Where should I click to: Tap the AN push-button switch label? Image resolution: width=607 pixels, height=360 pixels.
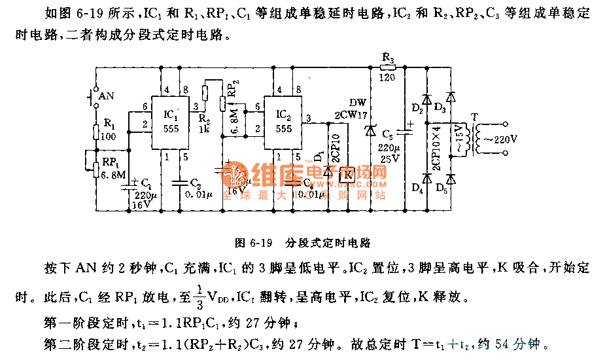(x=106, y=96)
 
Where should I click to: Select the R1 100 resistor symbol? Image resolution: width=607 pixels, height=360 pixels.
(x=95, y=132)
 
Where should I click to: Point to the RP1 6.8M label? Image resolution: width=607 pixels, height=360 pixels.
(x=114, y=168)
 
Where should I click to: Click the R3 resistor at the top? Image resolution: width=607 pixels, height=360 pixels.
(x=389, y=67)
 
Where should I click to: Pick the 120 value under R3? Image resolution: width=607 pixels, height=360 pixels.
(x=389, y=78)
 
